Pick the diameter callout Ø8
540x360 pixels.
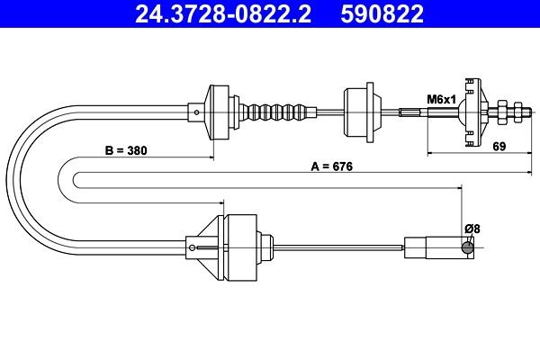pos(472,229)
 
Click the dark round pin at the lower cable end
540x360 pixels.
pos(467,247)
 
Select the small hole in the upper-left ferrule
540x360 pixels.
pos(197,112)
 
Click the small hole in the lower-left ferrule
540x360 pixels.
pos(191,244)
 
